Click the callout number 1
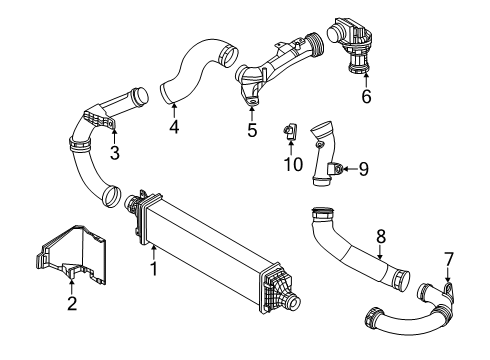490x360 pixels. pos(154,269)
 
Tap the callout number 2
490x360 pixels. pos(72,303)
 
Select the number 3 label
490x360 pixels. pos(115,153)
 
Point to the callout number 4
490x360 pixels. pos(174,127)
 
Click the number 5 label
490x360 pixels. pos(252,130)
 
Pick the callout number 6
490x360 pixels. pos(366,97)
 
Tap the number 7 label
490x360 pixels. pos(448,259)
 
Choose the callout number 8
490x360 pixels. pos(381,237)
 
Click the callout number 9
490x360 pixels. pos(363,169)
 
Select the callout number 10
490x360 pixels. pos(293,164)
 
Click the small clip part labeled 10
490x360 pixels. pos(290,131)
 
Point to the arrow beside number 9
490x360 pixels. pos(350,169)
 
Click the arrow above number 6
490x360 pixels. pos(366,80)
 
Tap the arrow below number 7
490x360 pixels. pos(448,274)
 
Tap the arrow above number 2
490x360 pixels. pos(72,287)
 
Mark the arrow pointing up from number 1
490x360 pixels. pos(153,253)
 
